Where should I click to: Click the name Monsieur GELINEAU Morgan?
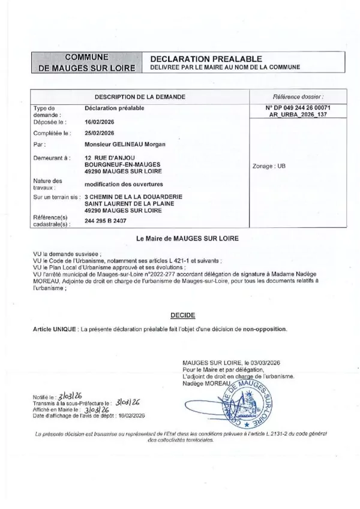pyautogui.click(x=125, y=144)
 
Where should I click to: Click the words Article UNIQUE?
pyautogui.click(x=56, y=329)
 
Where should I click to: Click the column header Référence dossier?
pyautogui.click(x=298, y=96)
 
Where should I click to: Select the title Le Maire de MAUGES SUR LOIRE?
pyautogui.click(x=188, y=238)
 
